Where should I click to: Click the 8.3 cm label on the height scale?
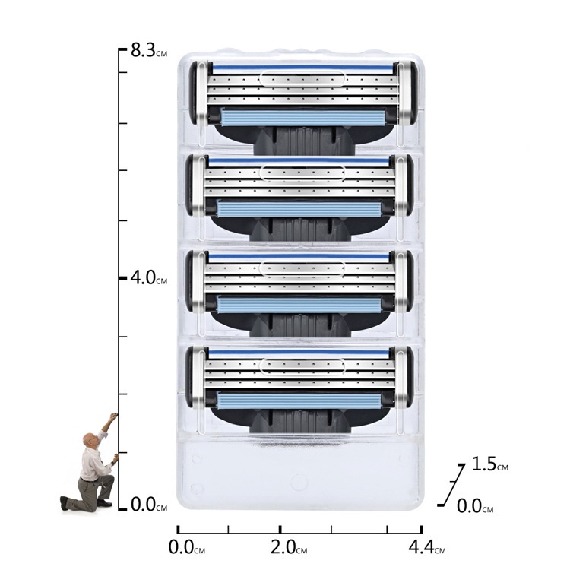(149, 50)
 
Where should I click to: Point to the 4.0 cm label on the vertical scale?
(149, 277)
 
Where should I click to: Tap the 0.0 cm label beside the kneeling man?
(149, 505)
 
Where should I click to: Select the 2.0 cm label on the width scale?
(289, 547)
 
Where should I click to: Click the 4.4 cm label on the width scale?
(427, 547)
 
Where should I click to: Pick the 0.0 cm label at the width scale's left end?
(187, 547)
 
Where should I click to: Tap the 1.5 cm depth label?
(489, 464)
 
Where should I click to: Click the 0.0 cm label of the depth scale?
(475, 506)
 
